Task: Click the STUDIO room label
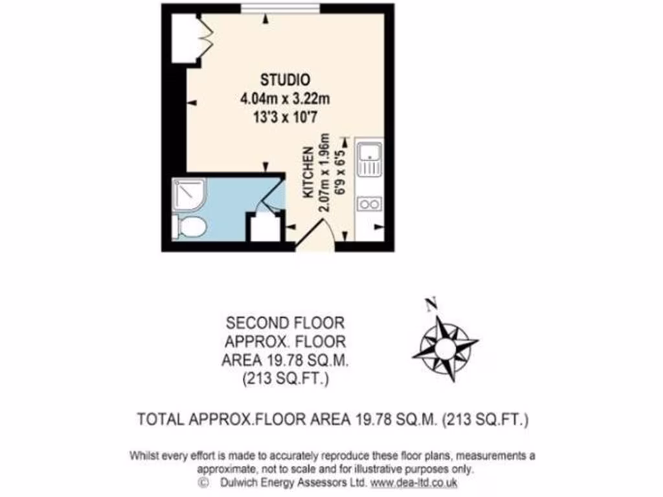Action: click(x=285, y=80)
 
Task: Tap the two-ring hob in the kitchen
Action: click(x=369, y=205)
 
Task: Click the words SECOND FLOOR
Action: click(x=285, y=322)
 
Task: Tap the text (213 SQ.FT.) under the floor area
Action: click(x=285, y=379)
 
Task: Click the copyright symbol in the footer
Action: click(x=203, y=482)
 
